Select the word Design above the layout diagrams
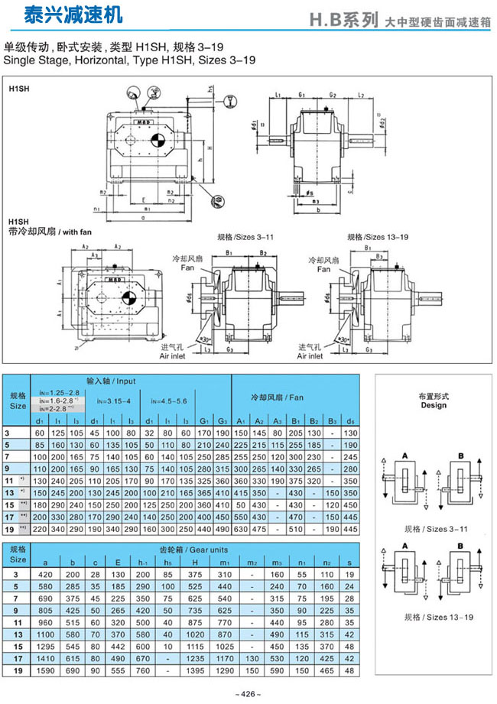(x=433, y=406)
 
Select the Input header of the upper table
(x=115, y=380)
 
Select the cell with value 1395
(x=194, y=670)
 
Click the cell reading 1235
(x=194, y=657)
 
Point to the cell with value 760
(x=141, y=670)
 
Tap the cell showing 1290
(x=224, y=670)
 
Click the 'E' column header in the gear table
(x=117, y=560)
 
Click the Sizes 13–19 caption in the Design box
(x=433, y=616)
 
